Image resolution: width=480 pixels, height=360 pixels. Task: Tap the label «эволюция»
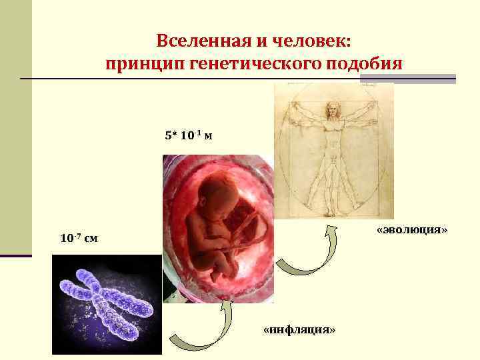tap(411, 230)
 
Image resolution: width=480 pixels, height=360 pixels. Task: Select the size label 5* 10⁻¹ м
tap(189, 136)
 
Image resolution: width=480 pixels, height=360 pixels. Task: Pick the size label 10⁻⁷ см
tap(79, 238)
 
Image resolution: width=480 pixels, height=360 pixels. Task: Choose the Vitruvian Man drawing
tap(334, 151)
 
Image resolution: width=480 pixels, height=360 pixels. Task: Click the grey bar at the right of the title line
tap(407, 79)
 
